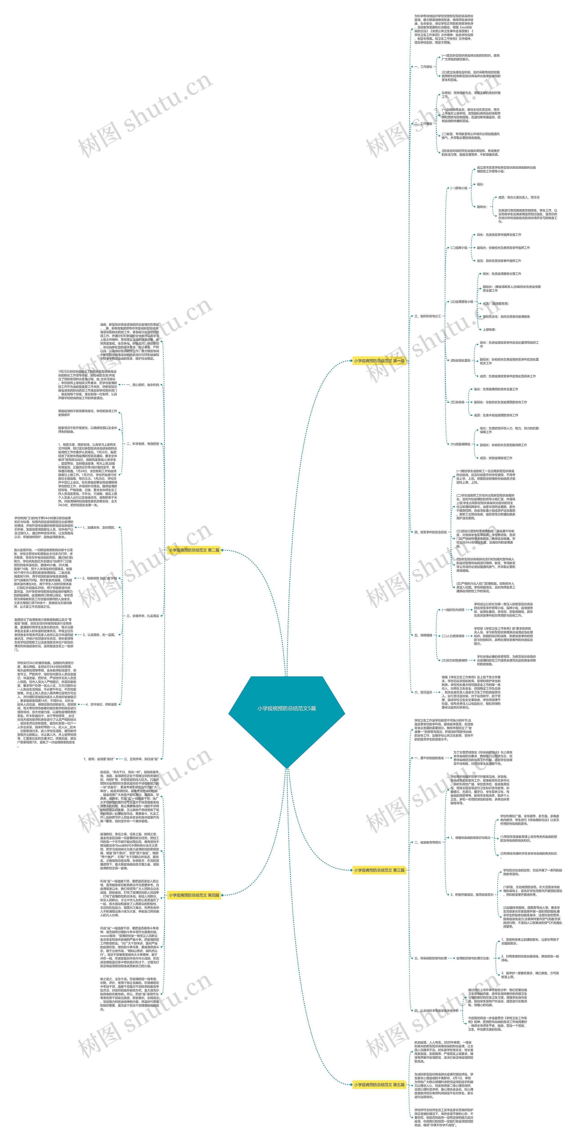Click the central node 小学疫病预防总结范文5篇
(x=286, y=708)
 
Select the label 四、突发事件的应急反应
(x=430, y=532)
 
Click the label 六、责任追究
(x=423, y=692)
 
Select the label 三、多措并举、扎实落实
(x=143, y=616)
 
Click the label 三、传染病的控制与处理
(x=430, y=958)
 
